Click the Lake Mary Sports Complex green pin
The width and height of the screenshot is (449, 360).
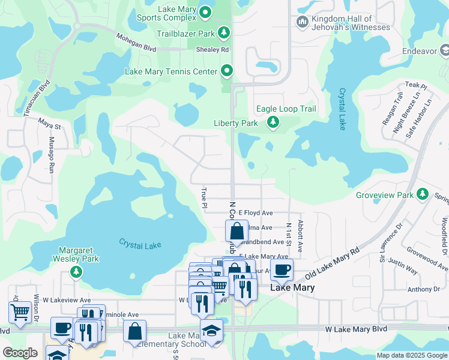205,12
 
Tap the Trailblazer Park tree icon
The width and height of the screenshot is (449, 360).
223,32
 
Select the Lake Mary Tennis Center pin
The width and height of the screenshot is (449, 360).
226,71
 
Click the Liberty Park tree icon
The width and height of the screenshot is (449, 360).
273,123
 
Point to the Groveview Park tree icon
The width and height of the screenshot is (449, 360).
423,194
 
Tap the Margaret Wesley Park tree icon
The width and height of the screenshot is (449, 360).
76,272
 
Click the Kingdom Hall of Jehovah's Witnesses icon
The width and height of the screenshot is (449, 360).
303,23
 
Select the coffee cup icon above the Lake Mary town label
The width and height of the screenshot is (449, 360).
281,269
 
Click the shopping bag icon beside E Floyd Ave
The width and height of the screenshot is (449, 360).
237,230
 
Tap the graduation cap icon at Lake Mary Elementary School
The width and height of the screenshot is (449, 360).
211,331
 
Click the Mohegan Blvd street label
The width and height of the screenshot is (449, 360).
136,43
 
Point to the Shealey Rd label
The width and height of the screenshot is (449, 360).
215,50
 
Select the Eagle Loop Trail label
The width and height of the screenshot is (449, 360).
286,109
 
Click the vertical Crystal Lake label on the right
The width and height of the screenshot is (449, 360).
342,109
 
